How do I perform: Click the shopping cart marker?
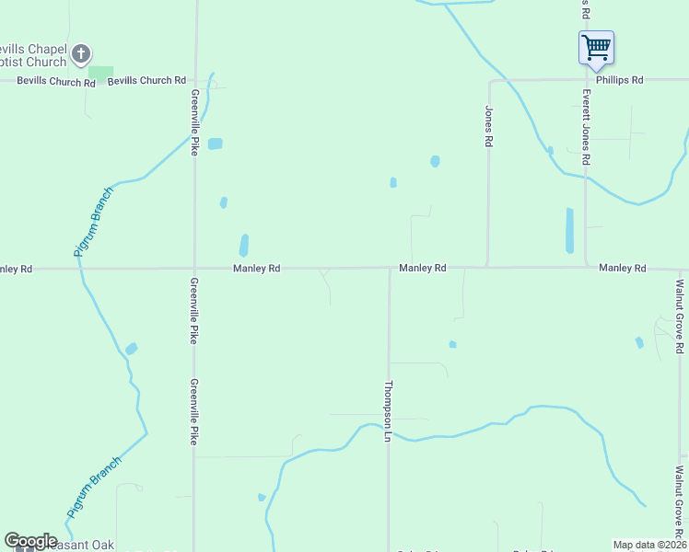click(596, 46)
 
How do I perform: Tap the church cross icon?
click(81, 54)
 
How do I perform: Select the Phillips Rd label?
click(619, 80)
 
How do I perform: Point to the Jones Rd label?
click(489, 127)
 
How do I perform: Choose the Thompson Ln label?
click(389, 410)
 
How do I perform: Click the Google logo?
click(29, 541)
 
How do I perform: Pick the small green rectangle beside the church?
click(100, 71)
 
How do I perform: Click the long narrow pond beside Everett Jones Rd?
click(569, 230)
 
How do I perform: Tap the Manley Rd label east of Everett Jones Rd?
click(623, 268)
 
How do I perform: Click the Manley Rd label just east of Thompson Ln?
click(423, 268)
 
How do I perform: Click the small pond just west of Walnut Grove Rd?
click(639, 342)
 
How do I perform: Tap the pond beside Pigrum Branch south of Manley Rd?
click(131, 349)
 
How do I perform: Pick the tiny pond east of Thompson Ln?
click(452, 344)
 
